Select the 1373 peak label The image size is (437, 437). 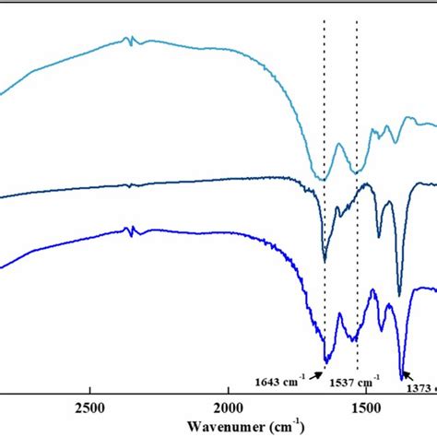[x=420, y=387]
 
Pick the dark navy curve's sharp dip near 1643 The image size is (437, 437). [x=325, y=261]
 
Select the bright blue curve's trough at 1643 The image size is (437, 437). [x=325, y=362]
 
